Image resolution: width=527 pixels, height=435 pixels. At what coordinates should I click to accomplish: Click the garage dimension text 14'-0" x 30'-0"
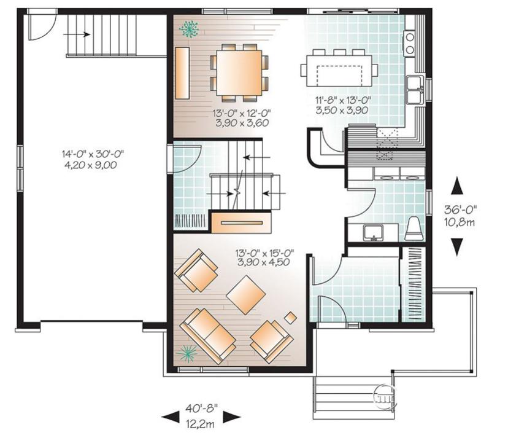click(x=93, y=154)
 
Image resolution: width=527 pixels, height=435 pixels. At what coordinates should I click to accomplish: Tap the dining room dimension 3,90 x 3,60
click(x=242, y=123)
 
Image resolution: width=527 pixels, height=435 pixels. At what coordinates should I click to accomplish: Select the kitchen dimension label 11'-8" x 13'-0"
click(x=343, y=100)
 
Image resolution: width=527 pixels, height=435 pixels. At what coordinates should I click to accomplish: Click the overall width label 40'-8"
click(x=202, y=409)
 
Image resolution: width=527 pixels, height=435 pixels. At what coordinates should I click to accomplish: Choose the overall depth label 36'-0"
click(x=461, y=210)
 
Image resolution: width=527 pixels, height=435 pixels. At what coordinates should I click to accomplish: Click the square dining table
click(x=239, y=72)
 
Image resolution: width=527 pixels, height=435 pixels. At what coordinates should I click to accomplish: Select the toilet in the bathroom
click(x=413, y=229)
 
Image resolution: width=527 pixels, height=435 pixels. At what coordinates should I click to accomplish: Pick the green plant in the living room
click(x=187, y=353)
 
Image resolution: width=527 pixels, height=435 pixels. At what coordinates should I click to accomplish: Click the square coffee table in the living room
click(x=246, y=295)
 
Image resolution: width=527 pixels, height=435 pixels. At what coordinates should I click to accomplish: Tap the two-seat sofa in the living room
click(x=208, y=336)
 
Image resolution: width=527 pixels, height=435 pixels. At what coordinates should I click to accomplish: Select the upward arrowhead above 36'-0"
click(x=456, y=186)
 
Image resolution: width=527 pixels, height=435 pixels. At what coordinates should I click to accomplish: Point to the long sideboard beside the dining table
click(x=182, y=73)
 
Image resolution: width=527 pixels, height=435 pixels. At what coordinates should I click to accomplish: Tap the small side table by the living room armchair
click(x=291, y=318)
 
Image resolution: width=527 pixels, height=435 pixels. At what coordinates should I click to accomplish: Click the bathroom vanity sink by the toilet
click(x=373, y=233)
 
